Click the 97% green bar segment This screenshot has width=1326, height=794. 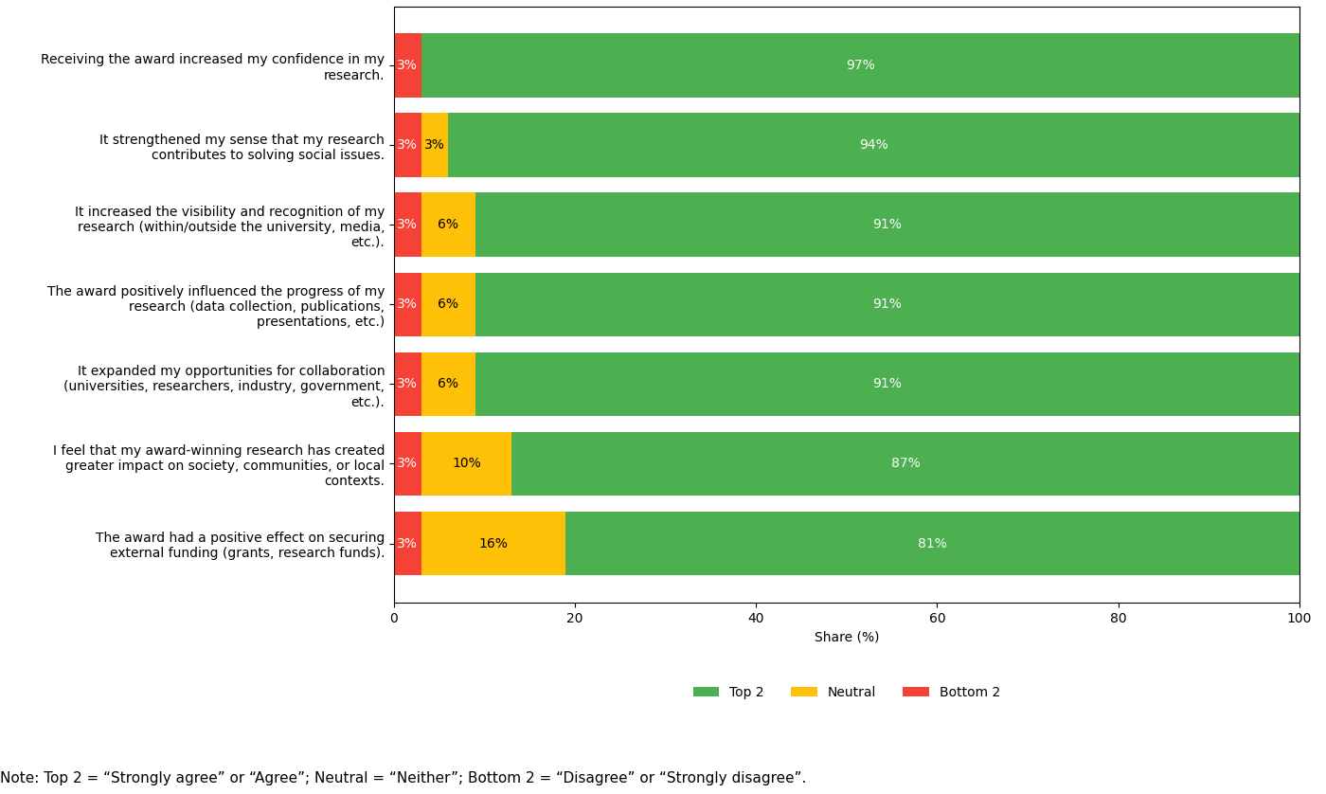[x=860, y=65]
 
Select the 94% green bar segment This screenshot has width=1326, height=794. [x=873, y=145]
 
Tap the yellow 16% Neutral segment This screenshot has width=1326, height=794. [x=493, y=544]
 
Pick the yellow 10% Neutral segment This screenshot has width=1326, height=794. [x=466, y=463]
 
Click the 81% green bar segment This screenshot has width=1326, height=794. [x=932, y=544]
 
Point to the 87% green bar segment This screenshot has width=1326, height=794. [x=905, y=463]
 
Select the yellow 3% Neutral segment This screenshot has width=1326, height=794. [x=434, y=145]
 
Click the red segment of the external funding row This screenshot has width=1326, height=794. [x=407, y=544]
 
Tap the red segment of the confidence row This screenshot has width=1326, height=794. [x=407, y=65]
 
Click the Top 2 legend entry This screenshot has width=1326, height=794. [x=728, y=693]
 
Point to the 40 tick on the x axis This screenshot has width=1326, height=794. [x=756, y=618]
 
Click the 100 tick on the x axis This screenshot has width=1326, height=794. [x=1299, y=618]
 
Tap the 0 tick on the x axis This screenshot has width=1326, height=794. [x=394, y=618]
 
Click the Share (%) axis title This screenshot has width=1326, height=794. [x=847, y=638]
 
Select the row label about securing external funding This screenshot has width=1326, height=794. [x=240, y=546]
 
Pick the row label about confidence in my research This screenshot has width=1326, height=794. [x=212, y=67]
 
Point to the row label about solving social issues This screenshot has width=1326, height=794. [x=242, y=148]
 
